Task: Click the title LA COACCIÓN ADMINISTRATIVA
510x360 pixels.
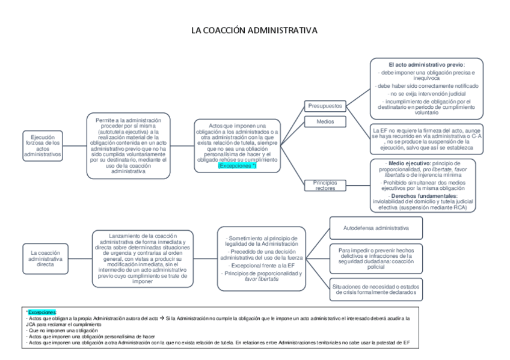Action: point(254,29)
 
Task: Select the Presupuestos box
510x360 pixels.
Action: point(325,106)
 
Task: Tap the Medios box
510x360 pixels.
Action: point(325,121)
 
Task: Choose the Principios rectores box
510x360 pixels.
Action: point(325,185)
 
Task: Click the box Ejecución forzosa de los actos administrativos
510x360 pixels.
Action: point(43,147)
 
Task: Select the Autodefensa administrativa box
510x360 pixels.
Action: point(376,229)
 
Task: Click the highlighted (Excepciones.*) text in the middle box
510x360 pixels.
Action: point(237,165)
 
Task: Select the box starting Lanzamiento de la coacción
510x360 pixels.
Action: point(143,257)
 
